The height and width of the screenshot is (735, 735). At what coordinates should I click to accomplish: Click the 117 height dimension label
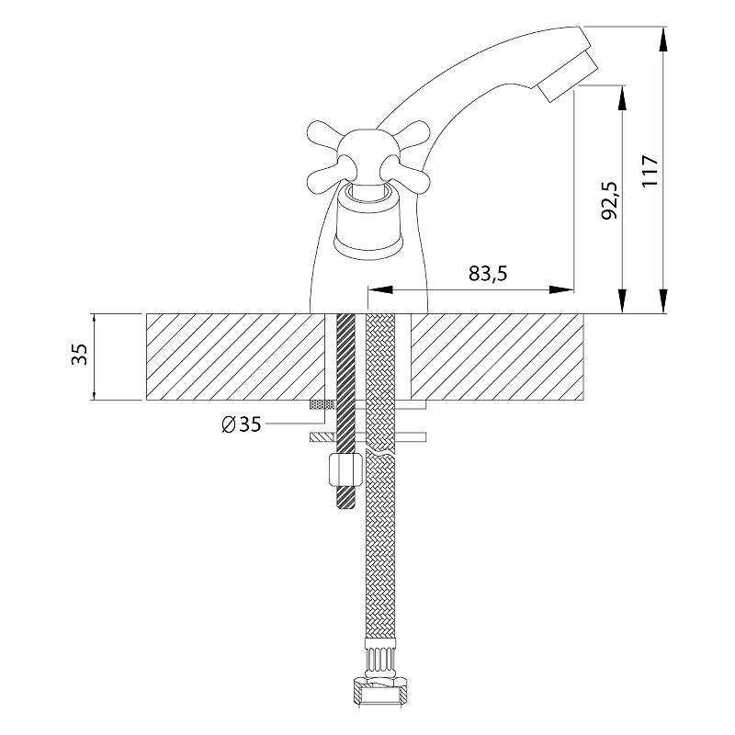click(x=650, y=171)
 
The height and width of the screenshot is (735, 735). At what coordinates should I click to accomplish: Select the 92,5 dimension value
click(x=609, y=200)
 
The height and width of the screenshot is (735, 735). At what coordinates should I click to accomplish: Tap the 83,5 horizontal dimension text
click(x=488, y=273)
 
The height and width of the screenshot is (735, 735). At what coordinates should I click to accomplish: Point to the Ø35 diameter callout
click(x=241, y=424)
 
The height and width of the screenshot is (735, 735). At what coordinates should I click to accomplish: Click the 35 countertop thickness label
click(x=80, y=355)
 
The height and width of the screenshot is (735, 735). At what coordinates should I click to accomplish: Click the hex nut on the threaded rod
click(x=346, y=469)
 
